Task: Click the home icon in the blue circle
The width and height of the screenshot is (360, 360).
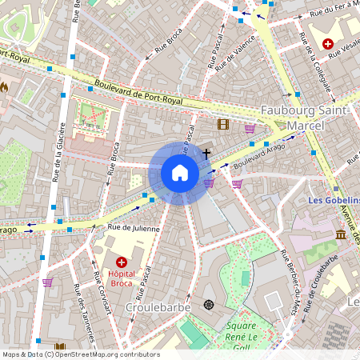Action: [180, 173]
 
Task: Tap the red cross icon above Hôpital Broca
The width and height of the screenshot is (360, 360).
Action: [122, 262]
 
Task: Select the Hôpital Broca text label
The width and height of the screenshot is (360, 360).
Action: [121, 277]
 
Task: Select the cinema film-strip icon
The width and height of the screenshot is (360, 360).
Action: [222, 124]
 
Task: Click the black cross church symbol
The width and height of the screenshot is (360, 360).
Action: [206, 152]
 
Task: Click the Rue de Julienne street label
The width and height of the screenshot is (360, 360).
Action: [134, 229]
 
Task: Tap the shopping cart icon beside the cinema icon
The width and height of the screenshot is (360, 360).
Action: [250, 128]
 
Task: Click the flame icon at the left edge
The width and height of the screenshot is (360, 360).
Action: [4, 86]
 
